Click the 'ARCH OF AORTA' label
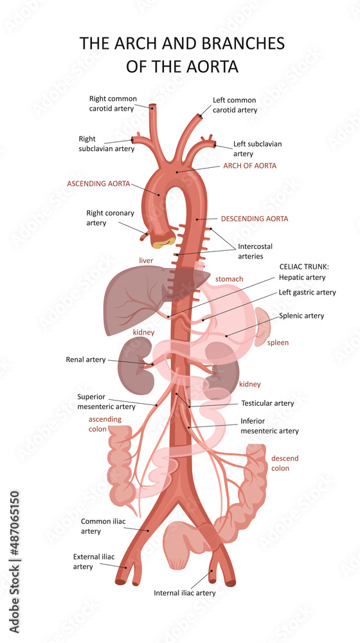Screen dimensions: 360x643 click(249, 166)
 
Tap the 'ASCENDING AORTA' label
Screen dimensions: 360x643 click(98, 184)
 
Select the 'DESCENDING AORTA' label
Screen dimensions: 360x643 click(255, 219)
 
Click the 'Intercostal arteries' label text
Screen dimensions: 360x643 click(255, 251)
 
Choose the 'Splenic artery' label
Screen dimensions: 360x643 click(301, 316)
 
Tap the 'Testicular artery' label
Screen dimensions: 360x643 click(267, 403)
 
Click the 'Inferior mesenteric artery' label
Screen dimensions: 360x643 click(269, 426)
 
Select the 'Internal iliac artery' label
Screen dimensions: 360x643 click(184, 593)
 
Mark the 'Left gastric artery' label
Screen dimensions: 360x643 click(307, 293)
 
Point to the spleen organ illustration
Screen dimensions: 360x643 click(262, 327)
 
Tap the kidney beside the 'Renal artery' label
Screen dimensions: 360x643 click(133, 365)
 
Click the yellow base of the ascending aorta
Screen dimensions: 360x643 click(163, 243)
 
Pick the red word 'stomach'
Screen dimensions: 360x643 click(230, 279)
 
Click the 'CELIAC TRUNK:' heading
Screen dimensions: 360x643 click(304, 267)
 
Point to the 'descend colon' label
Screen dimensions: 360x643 click(285, 463)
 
